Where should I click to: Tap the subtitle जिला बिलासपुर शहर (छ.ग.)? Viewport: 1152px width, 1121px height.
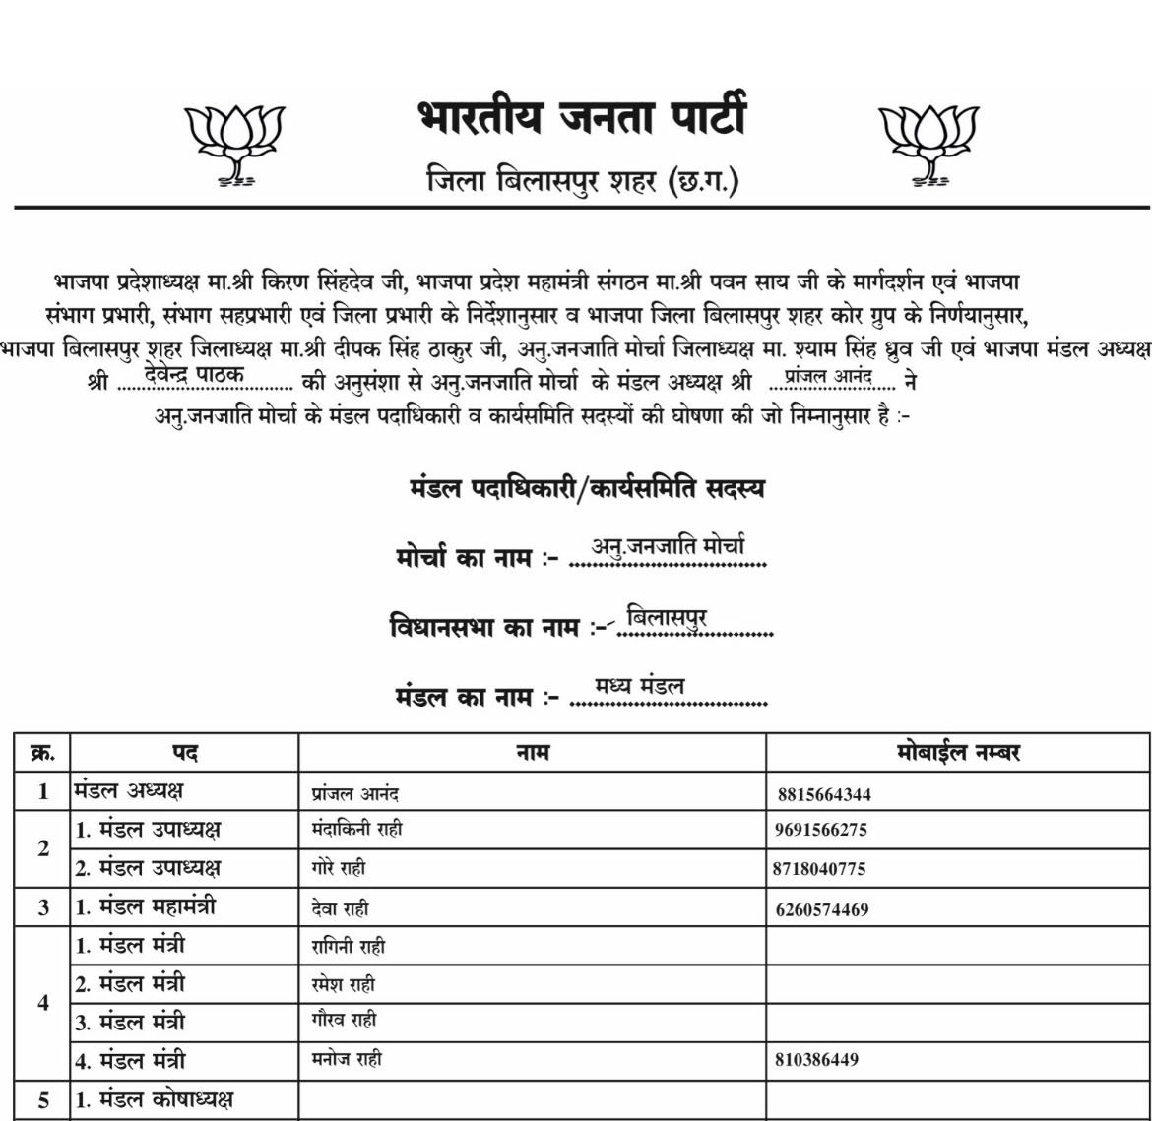pos(582,181)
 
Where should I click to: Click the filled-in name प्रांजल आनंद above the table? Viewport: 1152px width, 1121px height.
pos(828,375)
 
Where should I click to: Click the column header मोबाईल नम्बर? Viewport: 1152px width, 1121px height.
pos(957,753)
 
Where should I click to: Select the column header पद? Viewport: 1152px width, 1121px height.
pos(184,753)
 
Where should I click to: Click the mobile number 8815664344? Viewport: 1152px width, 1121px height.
pos(823,794)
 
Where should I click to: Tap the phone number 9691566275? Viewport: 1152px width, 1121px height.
pos(821,830)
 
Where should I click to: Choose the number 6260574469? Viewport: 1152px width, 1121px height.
pos(822,909)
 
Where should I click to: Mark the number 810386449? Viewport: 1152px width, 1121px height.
pos(817,1060)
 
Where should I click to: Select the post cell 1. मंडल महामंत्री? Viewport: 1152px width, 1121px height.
pos(146,908)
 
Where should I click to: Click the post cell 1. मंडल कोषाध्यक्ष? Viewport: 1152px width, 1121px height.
pos(155,1100)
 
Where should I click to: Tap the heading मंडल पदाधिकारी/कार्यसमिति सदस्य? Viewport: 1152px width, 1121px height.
pos(588,488)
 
